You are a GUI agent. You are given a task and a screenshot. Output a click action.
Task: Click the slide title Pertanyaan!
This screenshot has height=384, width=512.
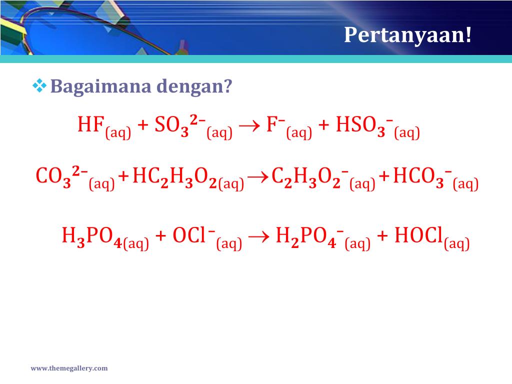tap(408, 34)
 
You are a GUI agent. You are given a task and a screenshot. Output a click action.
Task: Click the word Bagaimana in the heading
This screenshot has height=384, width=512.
tap(101, 86)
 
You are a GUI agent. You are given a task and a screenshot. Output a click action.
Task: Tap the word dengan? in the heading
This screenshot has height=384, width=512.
tap(194, 87)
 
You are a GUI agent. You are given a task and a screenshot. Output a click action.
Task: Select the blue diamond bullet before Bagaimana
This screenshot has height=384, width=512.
tap(39, 86)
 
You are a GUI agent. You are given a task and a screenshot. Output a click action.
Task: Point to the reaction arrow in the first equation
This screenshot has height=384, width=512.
tap(249, 126)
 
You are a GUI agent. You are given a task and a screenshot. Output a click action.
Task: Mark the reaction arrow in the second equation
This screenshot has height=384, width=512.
tap(258, 177)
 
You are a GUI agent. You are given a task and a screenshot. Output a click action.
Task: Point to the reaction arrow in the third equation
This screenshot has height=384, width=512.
tap(259, 236)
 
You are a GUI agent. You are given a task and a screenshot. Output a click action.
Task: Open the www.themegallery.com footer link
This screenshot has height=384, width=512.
tap(69, 368)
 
